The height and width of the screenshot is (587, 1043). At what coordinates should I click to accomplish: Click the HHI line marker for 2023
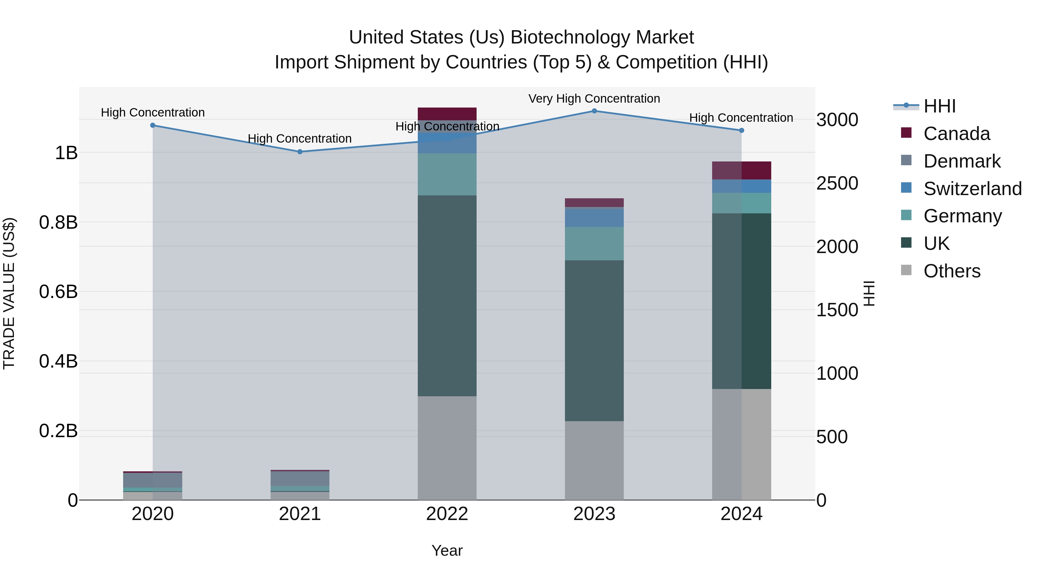pyautogui.click(x=594, y=111)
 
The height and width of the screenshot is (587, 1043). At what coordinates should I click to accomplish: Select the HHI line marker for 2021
pyautogui.click(x=300, y=152)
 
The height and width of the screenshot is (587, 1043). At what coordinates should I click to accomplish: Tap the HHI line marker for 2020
pyautogui.click(x=153, y=125)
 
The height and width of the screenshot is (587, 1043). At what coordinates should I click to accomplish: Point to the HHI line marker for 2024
pyautogui.click(x=741, y=130)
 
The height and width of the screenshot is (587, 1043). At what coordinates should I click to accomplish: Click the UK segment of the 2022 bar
pyautogui.click(x=447, y=296)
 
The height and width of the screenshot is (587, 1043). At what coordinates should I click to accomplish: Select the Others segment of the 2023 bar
pyautogui.click(x=594, y=460)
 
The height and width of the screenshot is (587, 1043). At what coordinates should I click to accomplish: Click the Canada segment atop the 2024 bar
pyautogui.click(x=741, y=170)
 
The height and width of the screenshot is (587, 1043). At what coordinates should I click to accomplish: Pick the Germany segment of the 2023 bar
pyautogui.click(x=594, y=243)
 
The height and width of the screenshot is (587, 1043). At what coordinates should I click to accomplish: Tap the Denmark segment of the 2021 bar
pyautogui.click(x=300, y=478)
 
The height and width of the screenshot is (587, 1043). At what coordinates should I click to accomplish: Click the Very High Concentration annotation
pyautogui.click(x=594, y=99)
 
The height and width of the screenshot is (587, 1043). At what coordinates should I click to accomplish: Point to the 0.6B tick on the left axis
pyautogui.click(x=58, y=292)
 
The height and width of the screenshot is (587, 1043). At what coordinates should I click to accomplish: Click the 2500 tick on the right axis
pyautogui.click(x=836, y=183)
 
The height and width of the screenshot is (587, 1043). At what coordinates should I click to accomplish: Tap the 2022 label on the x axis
pyautogui.click(x=447, y=514)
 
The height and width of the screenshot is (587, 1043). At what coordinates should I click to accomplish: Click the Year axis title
pyautogui.click(x=447, y=550)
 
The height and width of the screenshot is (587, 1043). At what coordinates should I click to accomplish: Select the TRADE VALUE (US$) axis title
pyautogui.click(x=9, y=293)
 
